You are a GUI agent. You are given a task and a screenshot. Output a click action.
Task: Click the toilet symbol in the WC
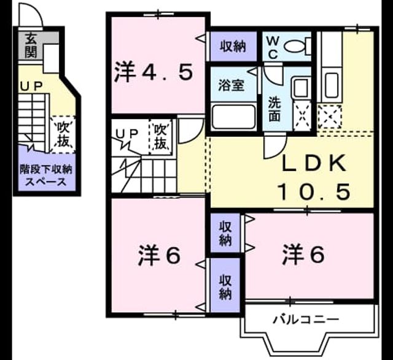(x=297, y=46)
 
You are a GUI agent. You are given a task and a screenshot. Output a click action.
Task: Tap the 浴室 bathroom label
(x=231, y=85)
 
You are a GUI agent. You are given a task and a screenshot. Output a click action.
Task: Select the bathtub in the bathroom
(x=233, y=117)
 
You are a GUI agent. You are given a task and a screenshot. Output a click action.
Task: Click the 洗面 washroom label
(x=274, y=109)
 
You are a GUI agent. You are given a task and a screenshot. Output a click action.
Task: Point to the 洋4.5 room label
(x=154, y=72)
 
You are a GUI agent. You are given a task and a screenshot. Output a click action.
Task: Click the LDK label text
(x=314, y=163)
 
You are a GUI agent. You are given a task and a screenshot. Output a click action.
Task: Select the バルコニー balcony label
(x=306, y=320)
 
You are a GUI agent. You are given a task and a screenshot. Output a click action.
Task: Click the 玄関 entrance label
(x=31, y=45)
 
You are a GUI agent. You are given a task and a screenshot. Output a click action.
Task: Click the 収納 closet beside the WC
(x=233, y=47)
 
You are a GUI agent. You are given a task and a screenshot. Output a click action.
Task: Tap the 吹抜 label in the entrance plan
(x=63, y=134)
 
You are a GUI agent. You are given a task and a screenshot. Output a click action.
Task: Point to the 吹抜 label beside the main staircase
(x=160, y=137)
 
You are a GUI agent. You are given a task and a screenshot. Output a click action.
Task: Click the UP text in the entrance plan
(x=31, y=87)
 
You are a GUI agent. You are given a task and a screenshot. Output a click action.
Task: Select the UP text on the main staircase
(x=126, y=134)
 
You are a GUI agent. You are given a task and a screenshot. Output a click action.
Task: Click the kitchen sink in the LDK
(x=331, y=86)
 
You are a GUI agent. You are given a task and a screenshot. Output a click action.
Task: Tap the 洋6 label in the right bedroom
(x=303, y=255)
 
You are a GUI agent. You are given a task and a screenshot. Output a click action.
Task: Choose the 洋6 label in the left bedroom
(x=159, y=255)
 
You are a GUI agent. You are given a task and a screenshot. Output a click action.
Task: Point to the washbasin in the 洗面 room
(x=301, y=87)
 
